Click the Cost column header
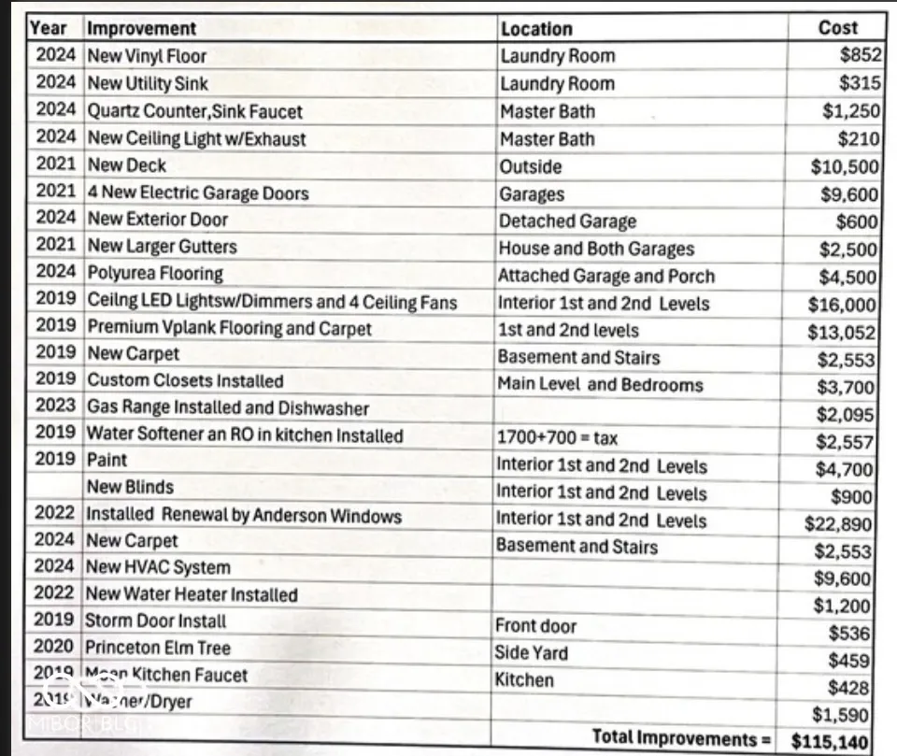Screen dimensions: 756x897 [837, 28]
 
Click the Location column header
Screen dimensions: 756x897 [536, 29]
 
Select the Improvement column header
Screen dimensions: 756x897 [142, 29]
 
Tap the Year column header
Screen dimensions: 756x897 [49, 28]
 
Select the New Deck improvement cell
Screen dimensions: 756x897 [127, 165]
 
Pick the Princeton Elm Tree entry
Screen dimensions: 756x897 [158, 648]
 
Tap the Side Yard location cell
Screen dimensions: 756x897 [531, 652]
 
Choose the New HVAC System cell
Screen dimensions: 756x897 [158, 567]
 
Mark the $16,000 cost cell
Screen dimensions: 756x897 [842, 305]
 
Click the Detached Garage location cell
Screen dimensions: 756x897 [567, 221]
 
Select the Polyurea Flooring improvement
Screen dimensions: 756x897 [155, 274]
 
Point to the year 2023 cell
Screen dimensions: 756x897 [55, 407]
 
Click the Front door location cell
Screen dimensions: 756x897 [536, 626]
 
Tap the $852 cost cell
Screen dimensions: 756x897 [860, 55]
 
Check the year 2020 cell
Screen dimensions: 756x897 [55, 647]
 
